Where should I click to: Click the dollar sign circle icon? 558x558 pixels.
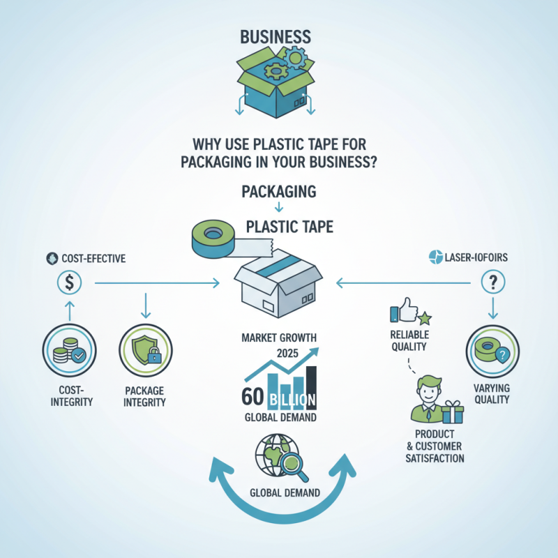(x=70, y=282)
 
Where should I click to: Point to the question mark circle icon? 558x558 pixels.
(x=494, y=282)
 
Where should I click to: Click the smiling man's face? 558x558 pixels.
(x=426, y=389)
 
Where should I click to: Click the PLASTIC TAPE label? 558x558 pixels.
(x=289, y=226)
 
